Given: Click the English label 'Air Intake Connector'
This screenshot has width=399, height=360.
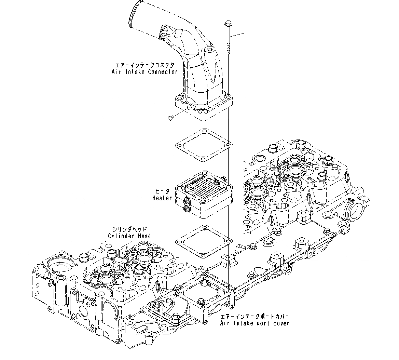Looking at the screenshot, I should point(145,72).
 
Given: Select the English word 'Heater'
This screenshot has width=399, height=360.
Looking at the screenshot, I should point(162,198).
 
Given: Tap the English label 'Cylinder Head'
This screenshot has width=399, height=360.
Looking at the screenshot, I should point(129,236).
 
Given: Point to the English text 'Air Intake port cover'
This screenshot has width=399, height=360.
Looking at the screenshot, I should point(254,323).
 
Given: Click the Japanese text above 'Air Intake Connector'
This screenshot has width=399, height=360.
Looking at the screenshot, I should point(145,65).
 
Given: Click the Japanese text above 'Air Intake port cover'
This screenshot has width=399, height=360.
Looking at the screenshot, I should point(254,316).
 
